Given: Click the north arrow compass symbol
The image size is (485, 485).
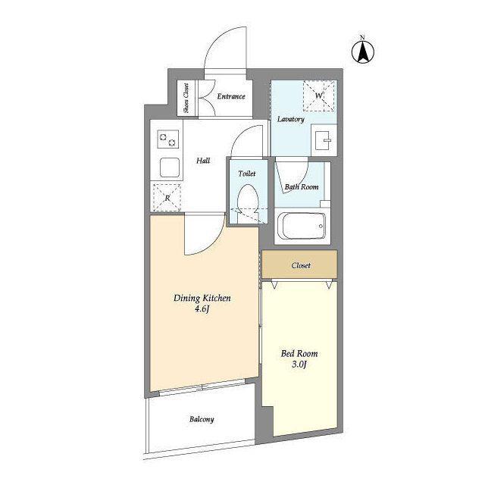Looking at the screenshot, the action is click(363, 52).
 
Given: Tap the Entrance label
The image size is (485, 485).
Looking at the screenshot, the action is click(231, 96).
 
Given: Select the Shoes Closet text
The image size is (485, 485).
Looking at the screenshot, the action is click(186, 98).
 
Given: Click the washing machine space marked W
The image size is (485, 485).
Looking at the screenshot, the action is click(319, 95).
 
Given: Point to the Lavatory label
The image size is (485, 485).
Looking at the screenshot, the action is click(291, 119).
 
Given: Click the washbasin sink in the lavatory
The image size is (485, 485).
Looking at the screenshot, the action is click(324, 140).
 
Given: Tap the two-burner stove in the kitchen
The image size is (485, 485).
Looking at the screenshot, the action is click(168, 139).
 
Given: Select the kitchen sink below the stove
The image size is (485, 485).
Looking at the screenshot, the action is click(170, 167).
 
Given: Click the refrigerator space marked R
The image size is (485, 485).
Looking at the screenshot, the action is click(167, 198).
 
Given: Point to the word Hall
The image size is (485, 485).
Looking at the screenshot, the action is click(203, 161).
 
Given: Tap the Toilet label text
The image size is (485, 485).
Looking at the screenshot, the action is click(247, 174).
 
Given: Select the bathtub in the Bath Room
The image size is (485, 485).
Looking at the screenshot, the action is click(302, 226).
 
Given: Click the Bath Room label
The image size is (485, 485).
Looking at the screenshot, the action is click(302, 187).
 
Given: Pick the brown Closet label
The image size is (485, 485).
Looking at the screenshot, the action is click(301, 265).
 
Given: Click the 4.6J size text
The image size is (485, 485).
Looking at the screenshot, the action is click(202, 308).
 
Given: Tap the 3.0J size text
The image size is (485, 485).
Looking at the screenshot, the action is click(299, 365).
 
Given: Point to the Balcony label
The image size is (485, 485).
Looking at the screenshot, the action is click(202, 419).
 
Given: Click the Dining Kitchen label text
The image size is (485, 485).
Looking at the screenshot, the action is click(202, 298).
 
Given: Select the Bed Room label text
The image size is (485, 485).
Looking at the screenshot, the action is click(299, 354).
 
